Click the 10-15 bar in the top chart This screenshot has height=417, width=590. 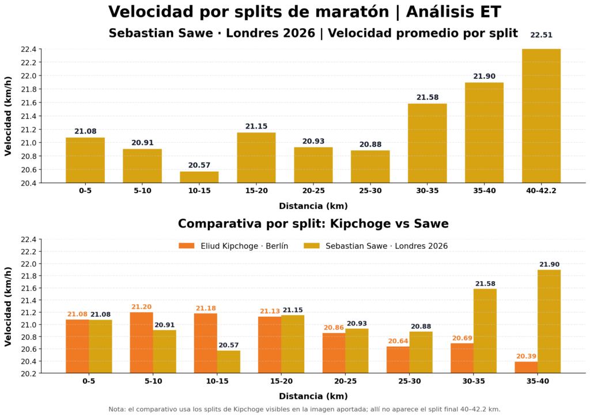click(x=199, y=177)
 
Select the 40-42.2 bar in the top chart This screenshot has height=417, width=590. click(x=541, y=116)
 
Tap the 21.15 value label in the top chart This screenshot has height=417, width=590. click(x=256, y=126)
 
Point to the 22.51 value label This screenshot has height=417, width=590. click(x=541, y=35)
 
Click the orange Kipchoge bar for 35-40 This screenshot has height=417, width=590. click(x=525, y=367)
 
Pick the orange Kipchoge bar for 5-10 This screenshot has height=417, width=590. click(x=141, y=343)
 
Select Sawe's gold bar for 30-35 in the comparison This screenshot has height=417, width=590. click(x=485, y=331)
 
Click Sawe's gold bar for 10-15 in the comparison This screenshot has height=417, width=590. click(x=229, y=362)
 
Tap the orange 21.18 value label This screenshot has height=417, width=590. click(x=206, y=309)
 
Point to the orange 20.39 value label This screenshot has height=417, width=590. click(x=525, y=357)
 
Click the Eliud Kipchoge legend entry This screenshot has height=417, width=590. click(x=233, y=246)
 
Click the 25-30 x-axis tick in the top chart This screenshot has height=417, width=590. click(x=370, y=191)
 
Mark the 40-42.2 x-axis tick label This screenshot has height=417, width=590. click(x=541, y=191)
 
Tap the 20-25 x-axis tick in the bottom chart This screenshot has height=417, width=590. click(x=346, y=381)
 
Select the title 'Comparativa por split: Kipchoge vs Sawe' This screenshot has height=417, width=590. click(x=313, y=224)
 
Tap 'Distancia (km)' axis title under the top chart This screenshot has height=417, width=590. click(x=313, y=206)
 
